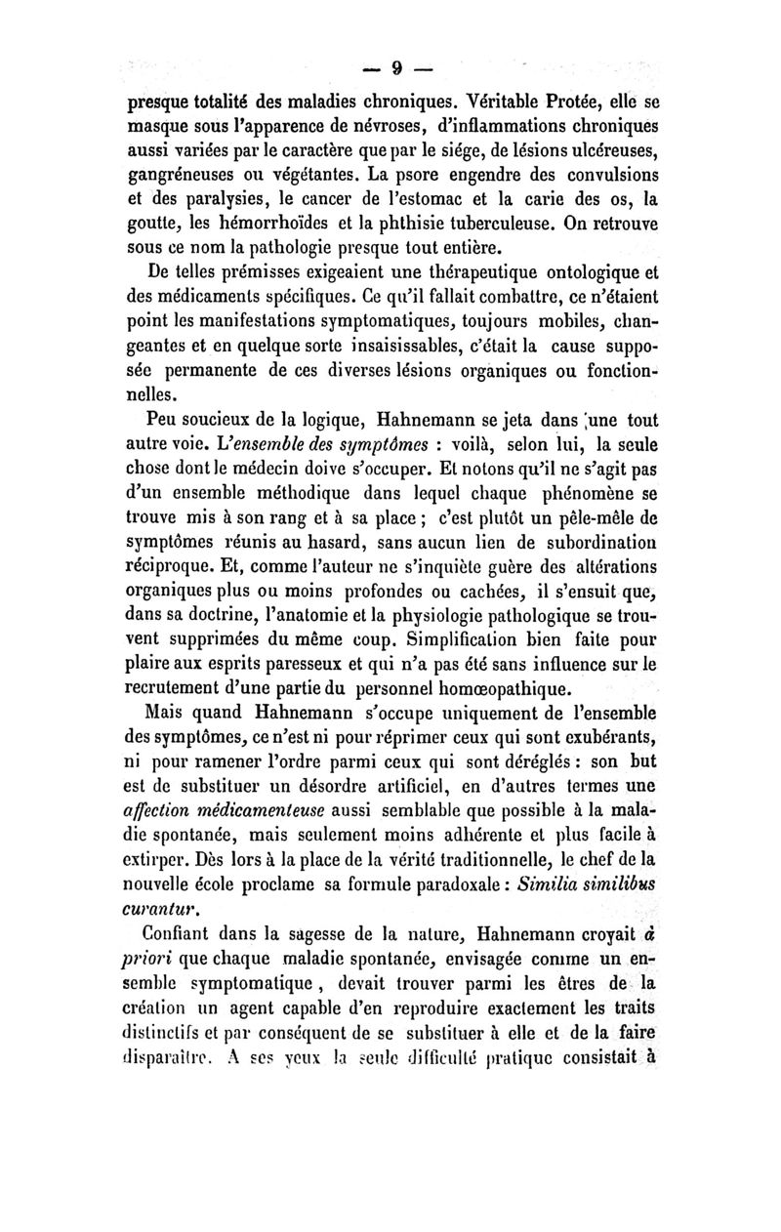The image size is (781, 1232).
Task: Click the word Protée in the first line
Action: [551, 102]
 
